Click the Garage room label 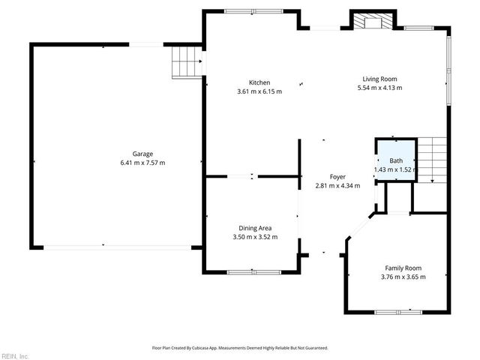tap(142, 154)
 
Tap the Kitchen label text tap(259, 82)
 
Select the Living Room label tap(379, 79)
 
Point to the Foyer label tap(337, 177)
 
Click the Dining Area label tap(255, 228)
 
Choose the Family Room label tap(403, 268)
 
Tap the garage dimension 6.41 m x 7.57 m tap(142, 163)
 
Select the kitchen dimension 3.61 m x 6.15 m tap(259, 91)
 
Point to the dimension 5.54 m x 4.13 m tap(379, 88)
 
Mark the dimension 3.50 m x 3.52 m tap(255, 237)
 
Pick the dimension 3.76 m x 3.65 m tap(403, 277)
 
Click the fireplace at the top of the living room tap(371, 22)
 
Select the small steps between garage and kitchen tap(187, 61)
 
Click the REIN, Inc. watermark tap(15, 355)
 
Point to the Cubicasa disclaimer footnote tap(240, 348)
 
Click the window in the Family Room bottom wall tap(398, 310)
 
